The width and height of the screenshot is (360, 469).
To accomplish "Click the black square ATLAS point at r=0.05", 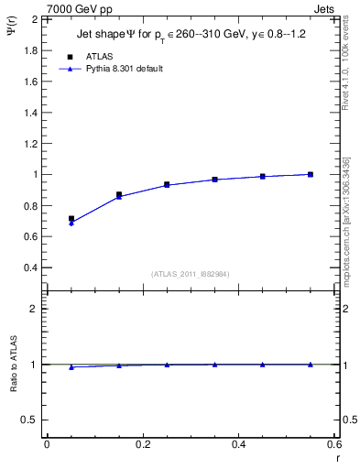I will coord(71,219).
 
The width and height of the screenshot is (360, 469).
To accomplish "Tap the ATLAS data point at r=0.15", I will coord(119,194).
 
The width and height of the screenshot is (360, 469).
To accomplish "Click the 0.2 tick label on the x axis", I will coord(142,444).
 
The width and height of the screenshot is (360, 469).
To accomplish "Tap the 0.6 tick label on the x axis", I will coord(334,444).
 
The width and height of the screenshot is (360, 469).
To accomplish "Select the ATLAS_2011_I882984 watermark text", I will coord(190,274).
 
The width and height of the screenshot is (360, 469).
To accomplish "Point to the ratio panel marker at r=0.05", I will coord(71,366).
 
